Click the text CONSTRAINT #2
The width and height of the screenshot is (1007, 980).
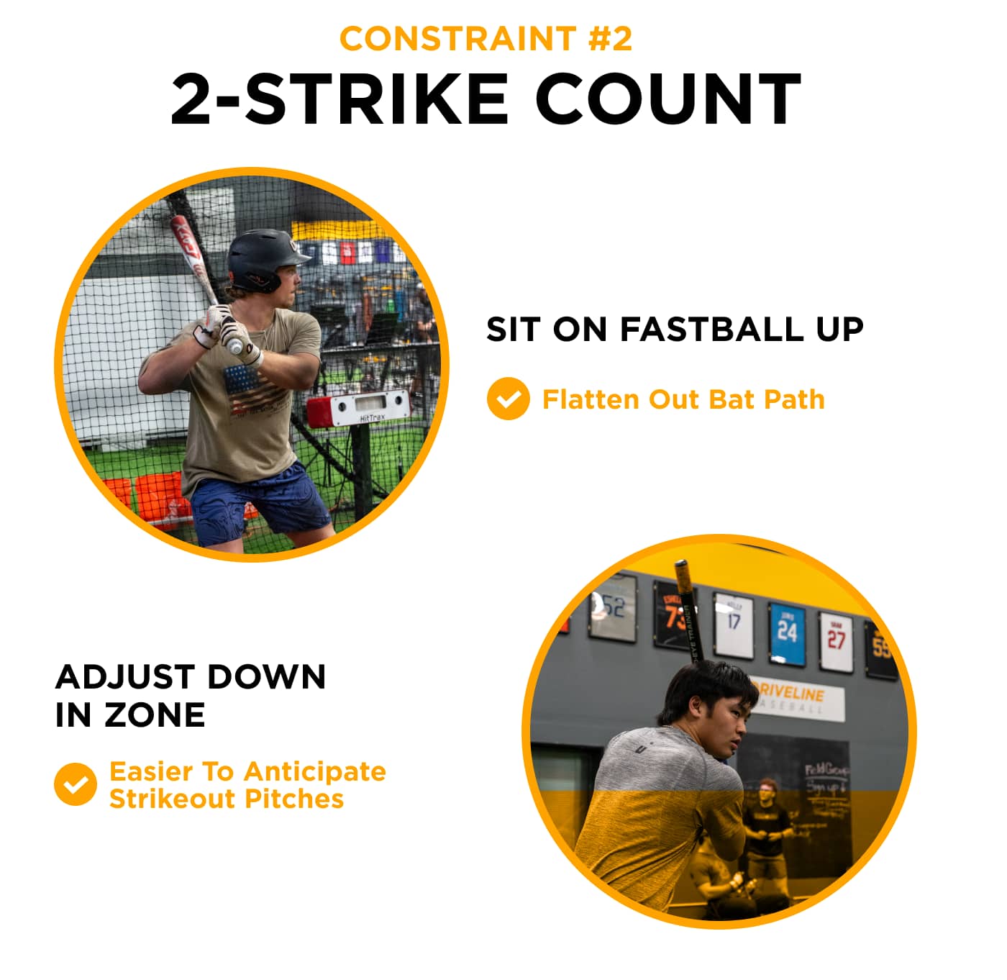pyautogui.click(x=486, y=39)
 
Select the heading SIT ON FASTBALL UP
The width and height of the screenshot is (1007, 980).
pyautogui.click(x=674, y=330)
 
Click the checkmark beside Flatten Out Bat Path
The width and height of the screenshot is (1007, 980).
pyautogui.click(x=508, y=399)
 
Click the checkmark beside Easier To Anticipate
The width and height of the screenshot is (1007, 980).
pyautogui.click(x=75, y=784)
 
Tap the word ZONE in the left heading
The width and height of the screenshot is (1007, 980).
pyautogui.click(x=155, y=715)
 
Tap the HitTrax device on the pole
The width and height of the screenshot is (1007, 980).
pyautogui.click(x=360, y=409)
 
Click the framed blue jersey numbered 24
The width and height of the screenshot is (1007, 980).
pyautogui.click(x=787, y=632)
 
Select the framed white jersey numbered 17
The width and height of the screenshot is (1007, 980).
pyautogui.click(x=734, y=624)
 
